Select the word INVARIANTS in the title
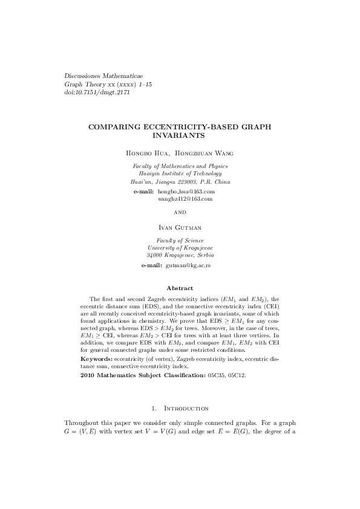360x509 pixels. (180, 137)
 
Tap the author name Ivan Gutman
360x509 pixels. (180, 227)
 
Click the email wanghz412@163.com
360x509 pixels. (185, 198)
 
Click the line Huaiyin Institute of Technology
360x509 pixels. (180, 173)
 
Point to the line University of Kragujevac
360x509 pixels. (180, 247)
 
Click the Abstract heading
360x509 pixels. (180, 288)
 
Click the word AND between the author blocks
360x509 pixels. (180, 212)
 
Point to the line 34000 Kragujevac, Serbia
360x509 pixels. (180, 255)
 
